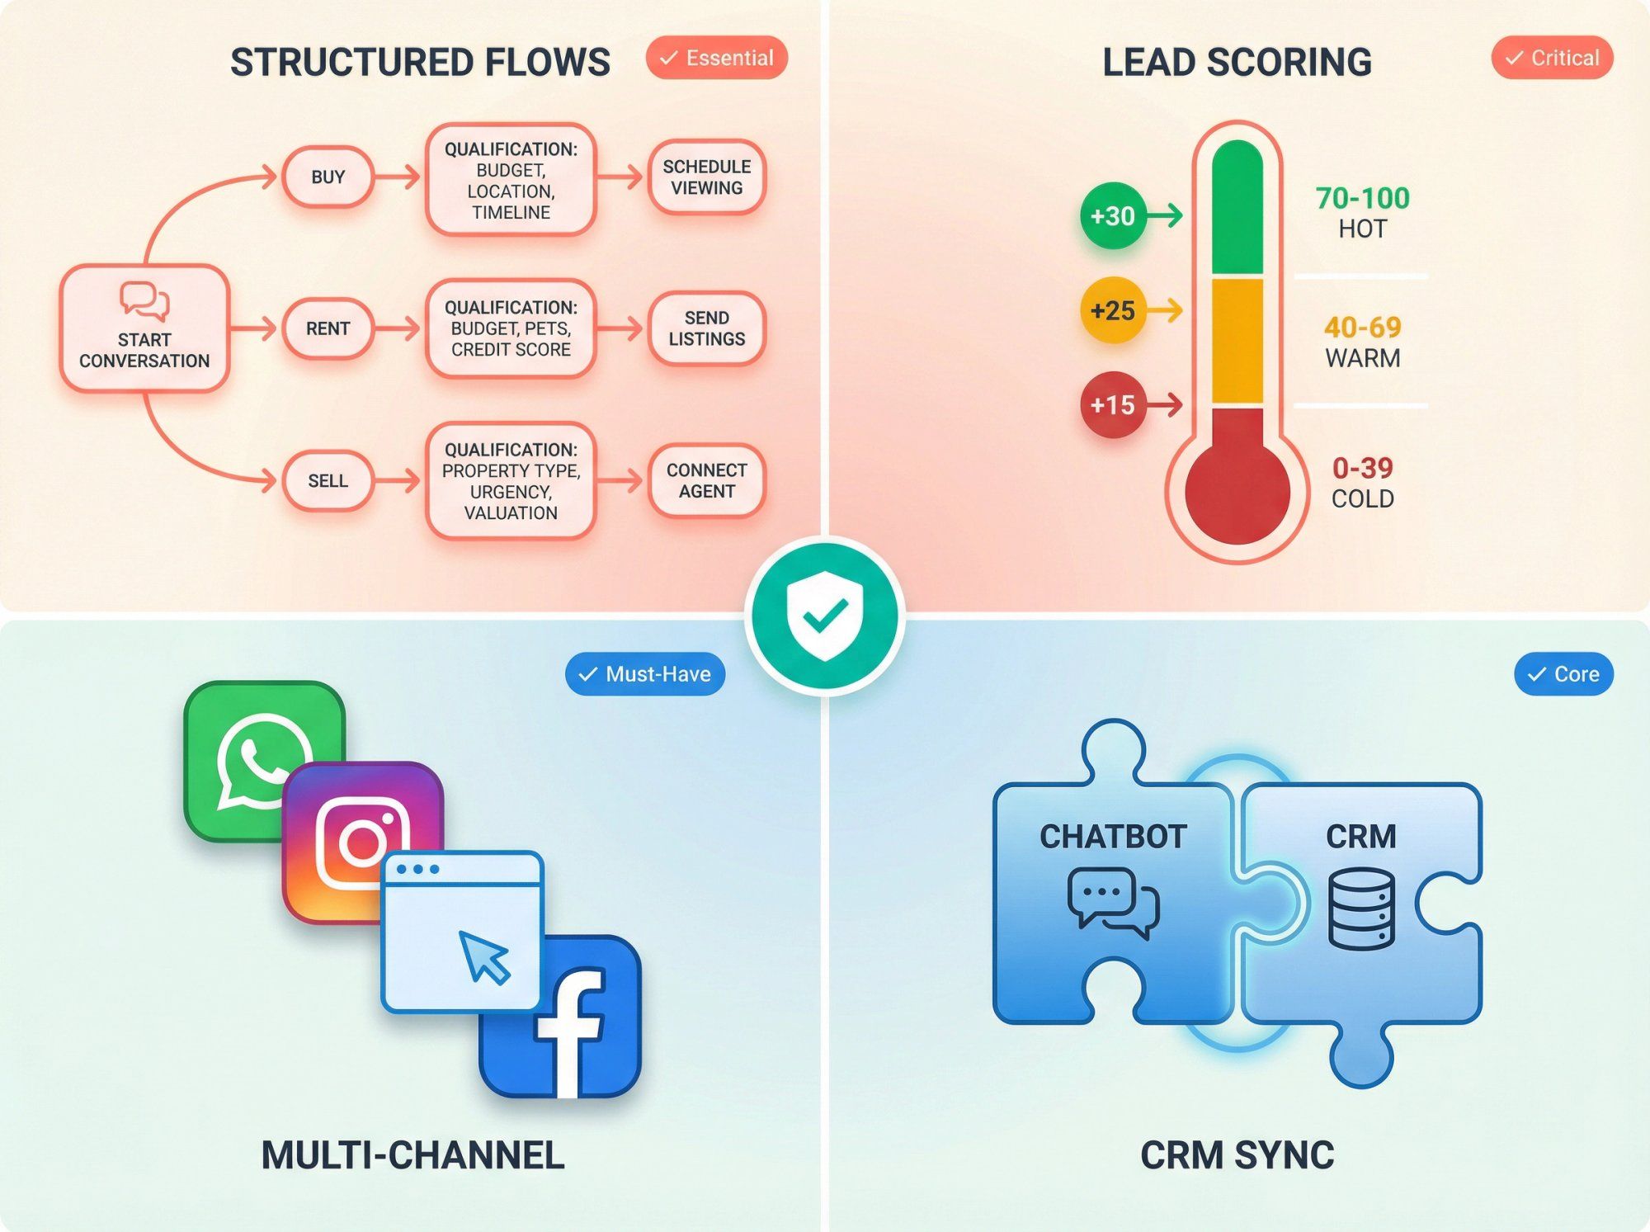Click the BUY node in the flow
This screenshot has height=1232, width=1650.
pyautogui.click(x=328, y=177)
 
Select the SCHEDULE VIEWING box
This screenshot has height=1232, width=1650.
pyautogui.click(x=707, y=177)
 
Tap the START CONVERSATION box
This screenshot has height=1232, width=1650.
pyautogui.click(x=144, y=328)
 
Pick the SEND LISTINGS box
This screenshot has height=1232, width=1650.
pyautogui.click(x=707, y=328)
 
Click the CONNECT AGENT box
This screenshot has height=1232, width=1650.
pyautogui.click(x=707, y=480)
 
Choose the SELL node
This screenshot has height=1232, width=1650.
pyautogui.click(x=328, y=480)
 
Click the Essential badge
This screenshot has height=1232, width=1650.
pyautogui.click(x=717, y=58)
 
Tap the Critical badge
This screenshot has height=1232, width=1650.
pyautogui.click(x=1552, y=58)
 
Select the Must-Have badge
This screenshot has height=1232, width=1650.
pyautogui.click(x=645, y=674)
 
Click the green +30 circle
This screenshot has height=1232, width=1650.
pyautogui.click(x=1113, y=216)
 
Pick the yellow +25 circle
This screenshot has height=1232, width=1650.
pyautogui.click(x=1113, y=311)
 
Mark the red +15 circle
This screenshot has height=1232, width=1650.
pyautogui.click(x=1113, y=405)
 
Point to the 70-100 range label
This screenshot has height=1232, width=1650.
pyautogui.click(x=1362, y=198)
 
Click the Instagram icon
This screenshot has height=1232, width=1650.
pyautogui.click(x=363, y=842)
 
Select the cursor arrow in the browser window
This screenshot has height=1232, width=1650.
pyautogui.click(x=484, y=957)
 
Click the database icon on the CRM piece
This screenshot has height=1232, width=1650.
pyautogui.click(x=1361, y=908)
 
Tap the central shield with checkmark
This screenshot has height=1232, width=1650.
pyautogui.click(x=825, y=616)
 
